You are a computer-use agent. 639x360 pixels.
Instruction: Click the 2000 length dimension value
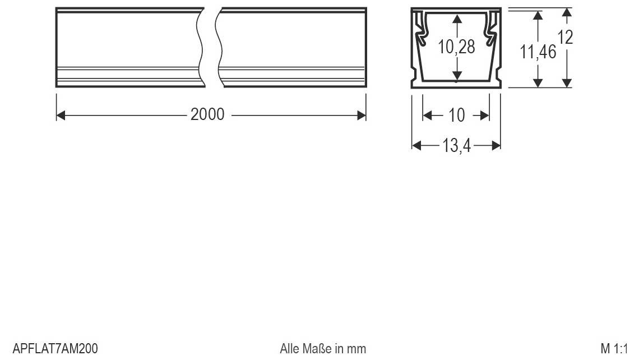tap(207, 115)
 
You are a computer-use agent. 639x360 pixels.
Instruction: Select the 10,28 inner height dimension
tap(456, 47)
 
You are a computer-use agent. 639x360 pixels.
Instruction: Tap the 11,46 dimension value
tap(538, 53)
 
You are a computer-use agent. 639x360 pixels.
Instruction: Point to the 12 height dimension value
tap(566, 38)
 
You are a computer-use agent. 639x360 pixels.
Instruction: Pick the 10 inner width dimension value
tap(457, 116)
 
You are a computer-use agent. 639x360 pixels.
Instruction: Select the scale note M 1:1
tap(615, 349)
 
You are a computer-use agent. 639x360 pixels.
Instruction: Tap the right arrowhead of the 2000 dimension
tap(362, 116)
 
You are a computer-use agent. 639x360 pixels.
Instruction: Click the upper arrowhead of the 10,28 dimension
tap(457, 19)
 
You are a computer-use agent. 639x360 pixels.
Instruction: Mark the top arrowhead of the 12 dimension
tap(567, 12)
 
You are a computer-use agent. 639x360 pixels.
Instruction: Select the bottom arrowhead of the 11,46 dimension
tap(538, 83)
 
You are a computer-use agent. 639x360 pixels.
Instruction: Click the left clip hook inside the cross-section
tap(420, 34)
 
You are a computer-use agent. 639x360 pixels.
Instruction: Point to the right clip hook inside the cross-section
tap(492, 34)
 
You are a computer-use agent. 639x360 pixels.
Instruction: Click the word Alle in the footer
tap(289, 349)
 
